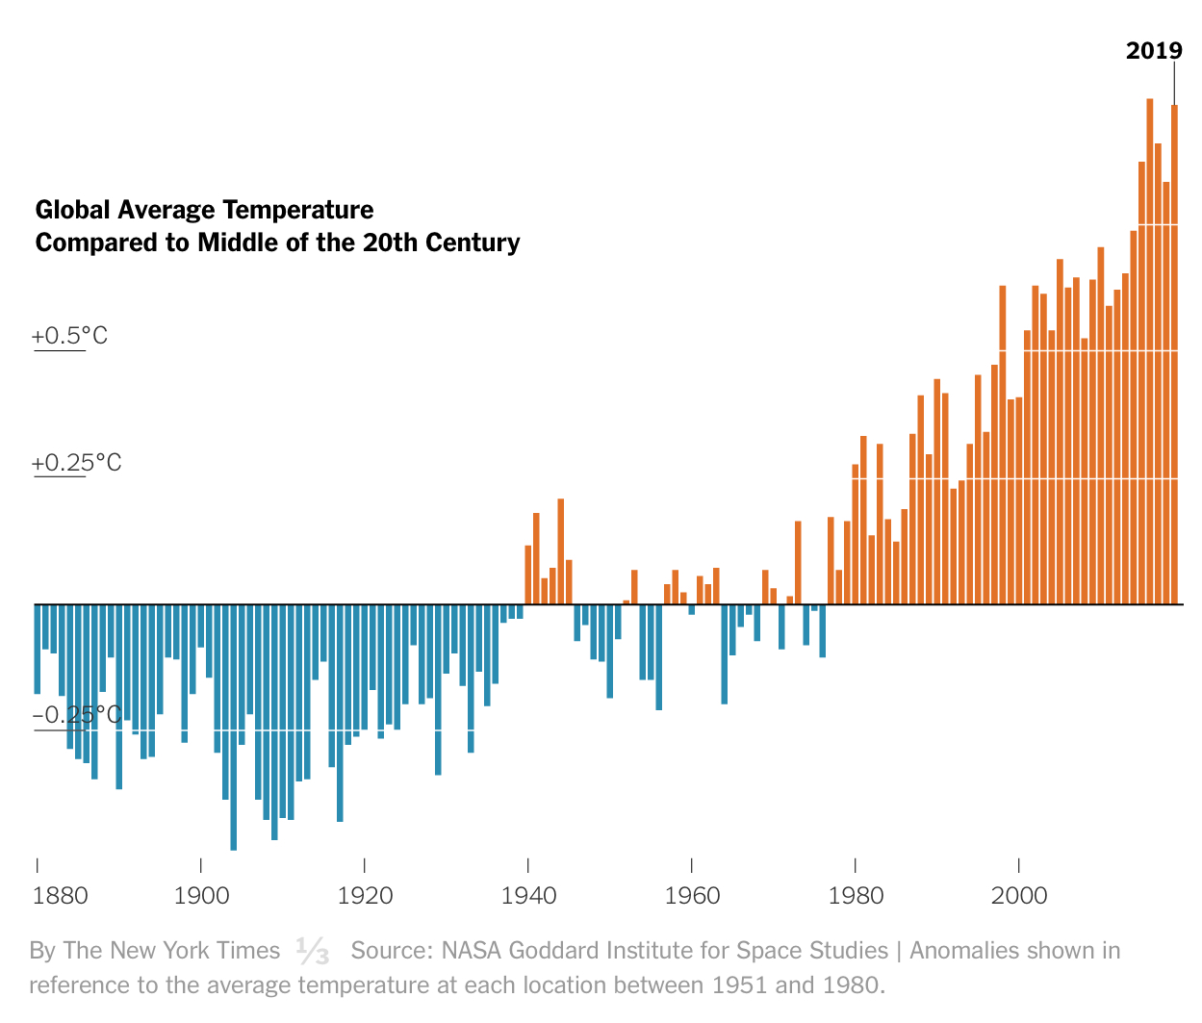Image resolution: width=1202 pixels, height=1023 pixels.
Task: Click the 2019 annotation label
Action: coord(1154,51)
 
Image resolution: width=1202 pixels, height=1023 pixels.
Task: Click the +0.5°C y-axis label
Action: coord(69,336)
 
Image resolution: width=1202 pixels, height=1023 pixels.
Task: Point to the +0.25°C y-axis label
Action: coord(76,463)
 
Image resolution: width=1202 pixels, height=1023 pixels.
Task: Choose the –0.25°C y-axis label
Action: coord(76,715)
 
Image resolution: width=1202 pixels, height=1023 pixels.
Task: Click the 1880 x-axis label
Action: coord(60,896)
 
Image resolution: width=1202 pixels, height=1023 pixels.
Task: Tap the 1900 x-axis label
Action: coord(202,896)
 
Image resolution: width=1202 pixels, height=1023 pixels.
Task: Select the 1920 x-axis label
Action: coord(365,896)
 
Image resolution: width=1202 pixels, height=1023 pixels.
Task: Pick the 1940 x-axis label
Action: coord(528,896)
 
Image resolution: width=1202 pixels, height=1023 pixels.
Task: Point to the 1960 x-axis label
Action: coord(692,896)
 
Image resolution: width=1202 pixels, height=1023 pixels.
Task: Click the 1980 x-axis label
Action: coord(856,896)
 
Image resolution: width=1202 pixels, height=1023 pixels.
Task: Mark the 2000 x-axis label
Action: coord(1019,896)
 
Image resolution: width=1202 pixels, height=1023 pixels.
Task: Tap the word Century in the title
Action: coord(473,243)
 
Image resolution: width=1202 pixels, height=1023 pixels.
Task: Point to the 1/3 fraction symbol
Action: coord(313,951)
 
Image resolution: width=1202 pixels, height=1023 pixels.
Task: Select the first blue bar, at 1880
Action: coord(38,649)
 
